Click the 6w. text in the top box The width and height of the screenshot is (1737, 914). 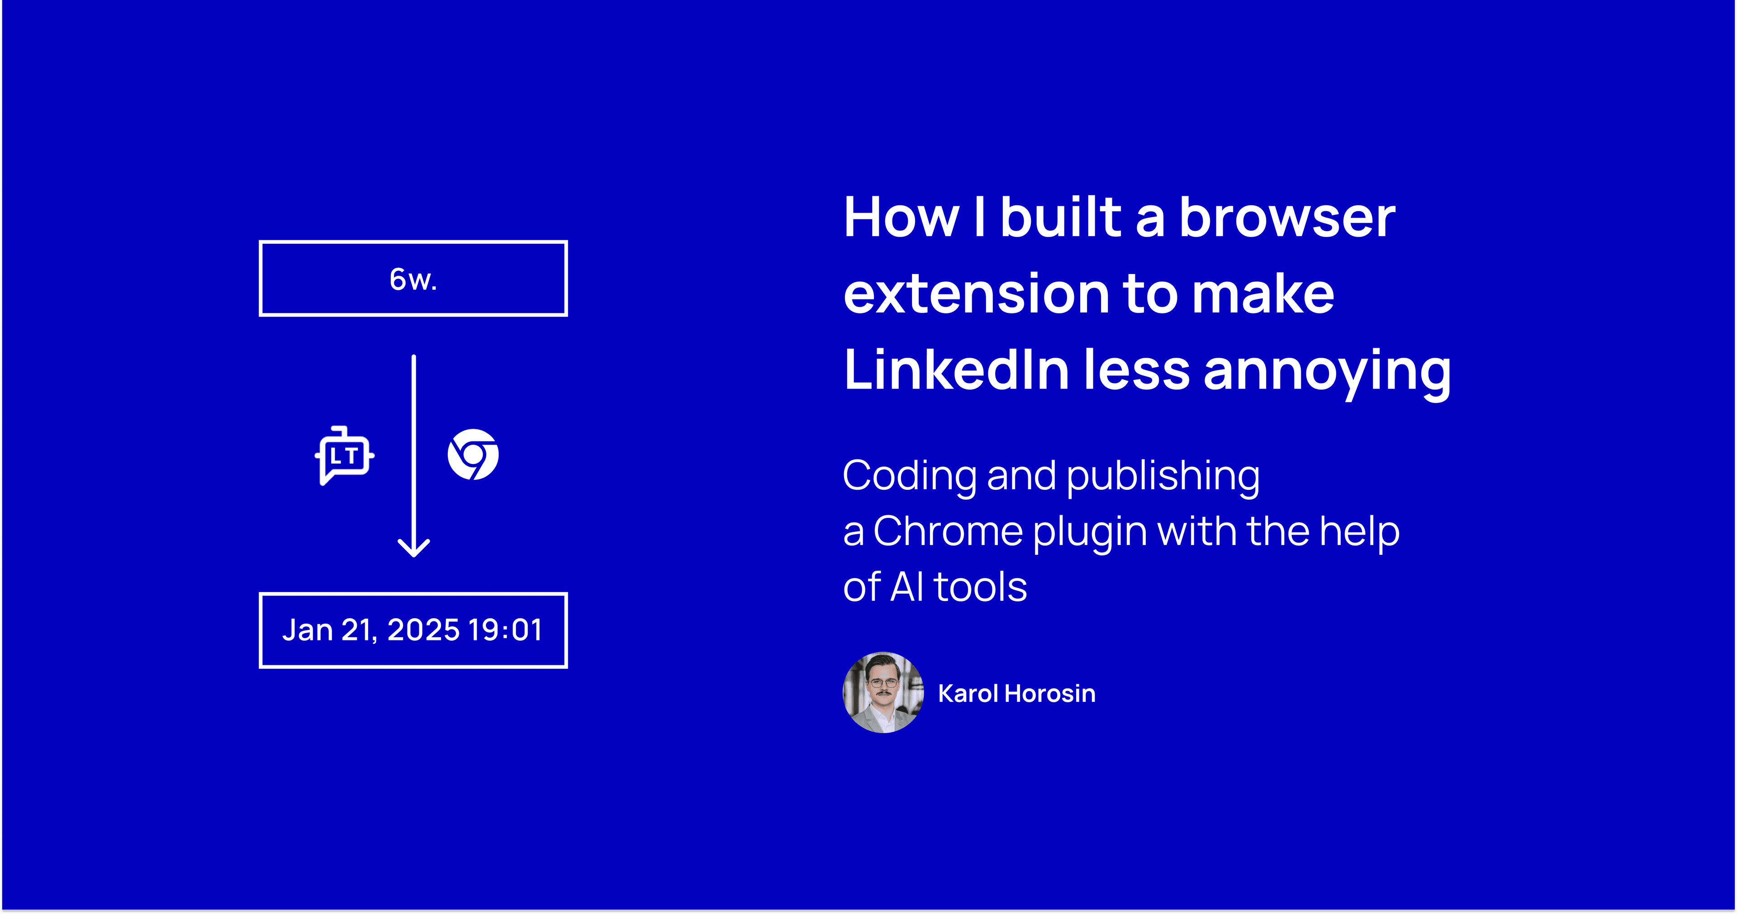coord(413,279)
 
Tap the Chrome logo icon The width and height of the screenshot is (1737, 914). coord(473,455)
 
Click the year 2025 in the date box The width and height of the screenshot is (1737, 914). coord(423,630)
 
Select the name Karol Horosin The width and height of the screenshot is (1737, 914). coord(1016,694)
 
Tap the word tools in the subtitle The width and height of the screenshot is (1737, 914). coord(980,587)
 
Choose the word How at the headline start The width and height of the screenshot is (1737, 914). coord(902,218)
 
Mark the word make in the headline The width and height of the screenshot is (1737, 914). coord(1262,294)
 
